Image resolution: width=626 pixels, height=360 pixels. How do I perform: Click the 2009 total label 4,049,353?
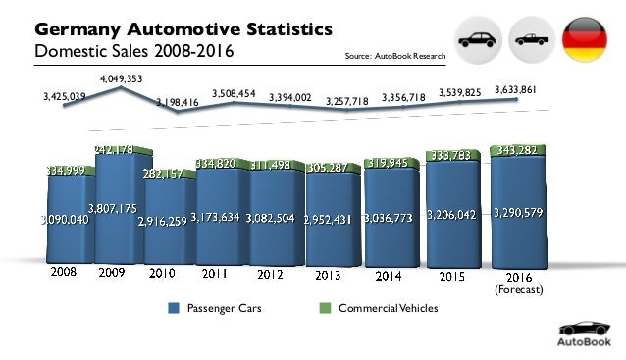(122, 77)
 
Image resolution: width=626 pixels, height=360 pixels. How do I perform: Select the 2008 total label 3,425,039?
(65, 97)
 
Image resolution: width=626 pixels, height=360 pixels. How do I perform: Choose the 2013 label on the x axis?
(327, 276)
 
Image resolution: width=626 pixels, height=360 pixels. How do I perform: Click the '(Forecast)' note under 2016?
(515, 289)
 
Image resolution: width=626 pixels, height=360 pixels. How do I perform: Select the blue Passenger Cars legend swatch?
(175, 309)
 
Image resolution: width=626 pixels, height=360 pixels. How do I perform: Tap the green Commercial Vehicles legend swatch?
(327, 309)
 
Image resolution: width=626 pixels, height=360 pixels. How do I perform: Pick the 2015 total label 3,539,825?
(460, 93)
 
